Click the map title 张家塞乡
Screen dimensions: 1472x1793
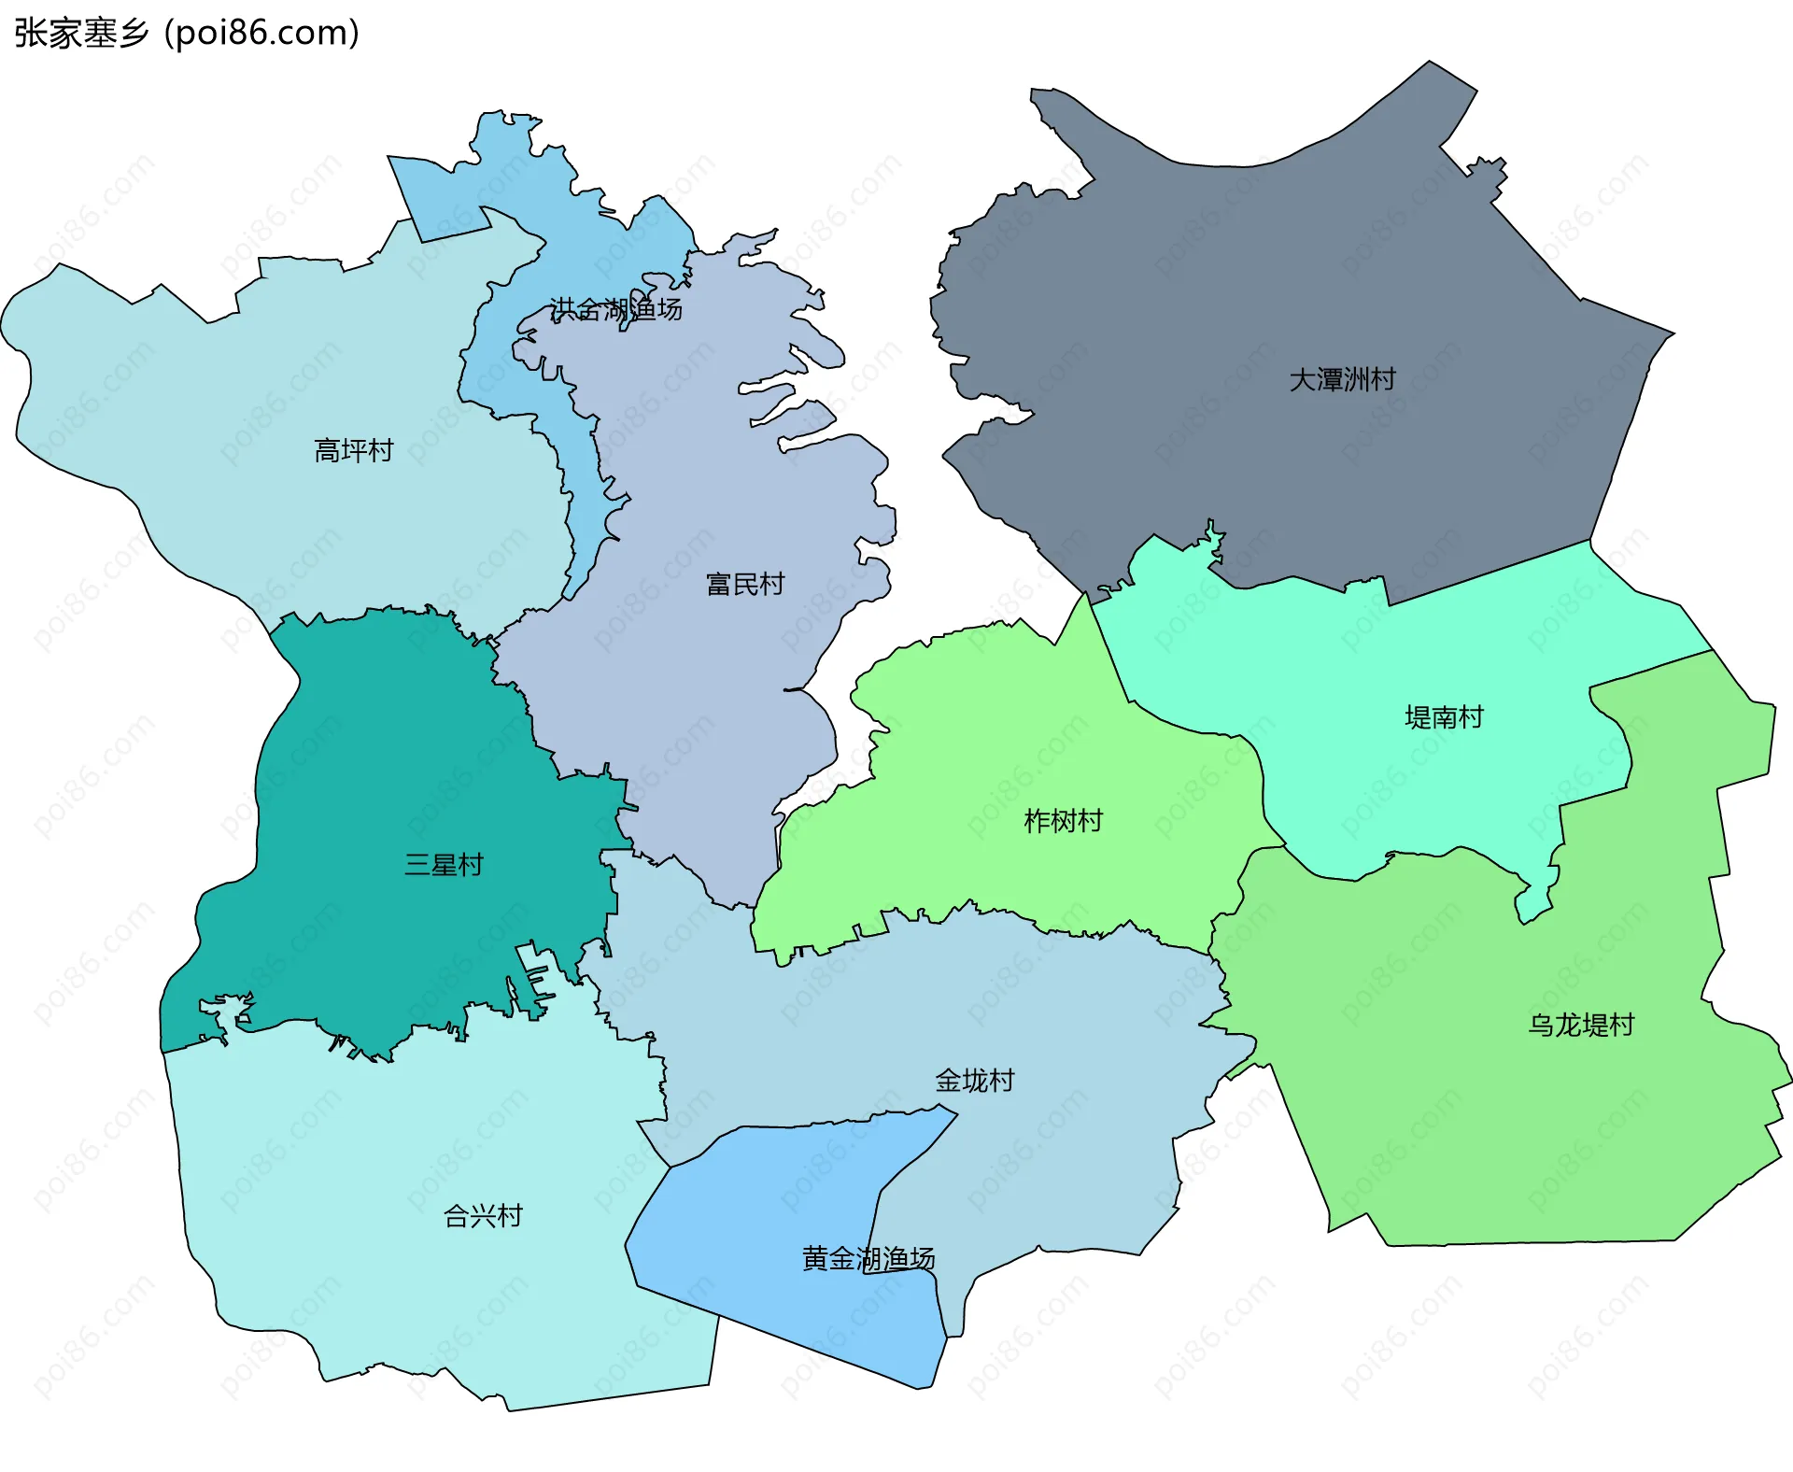tap(82, 33)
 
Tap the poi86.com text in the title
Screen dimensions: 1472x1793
tap(261, 33)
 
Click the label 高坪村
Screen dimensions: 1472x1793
tap(354, 450)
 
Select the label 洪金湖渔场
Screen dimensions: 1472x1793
tap(615, 308)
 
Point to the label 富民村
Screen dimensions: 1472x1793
tap(745, 584)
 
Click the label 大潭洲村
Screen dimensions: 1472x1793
tap(1342, 379)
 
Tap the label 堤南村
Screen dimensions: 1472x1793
tap(1444, 716)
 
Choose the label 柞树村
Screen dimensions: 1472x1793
tap(1063, 820)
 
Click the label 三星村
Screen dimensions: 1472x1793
tap(444, 864)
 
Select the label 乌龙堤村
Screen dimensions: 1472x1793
tap(1581, 1025)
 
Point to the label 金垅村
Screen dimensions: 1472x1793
tap(975, 1080)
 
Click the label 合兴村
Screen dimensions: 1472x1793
tap(483, 1215)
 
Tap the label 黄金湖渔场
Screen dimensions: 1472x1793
tap(868, 1258)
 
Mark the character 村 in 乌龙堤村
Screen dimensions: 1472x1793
tap(1622, 1025)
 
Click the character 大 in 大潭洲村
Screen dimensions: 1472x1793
tap(1302, 379)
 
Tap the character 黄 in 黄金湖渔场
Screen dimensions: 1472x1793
tap(815, 1258)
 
